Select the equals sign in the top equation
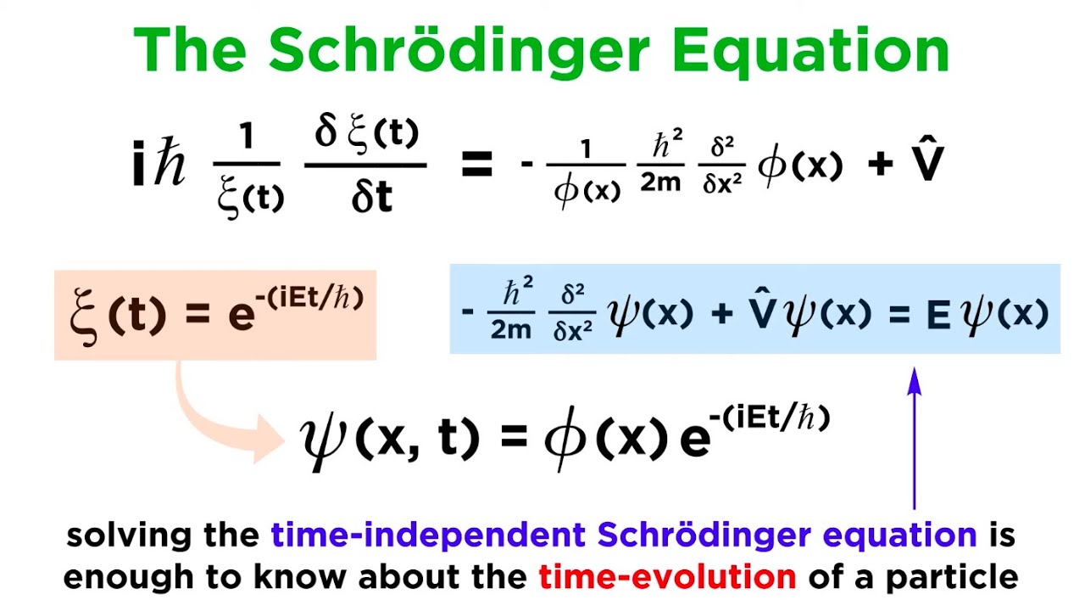point(476,165)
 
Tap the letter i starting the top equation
point(139,165)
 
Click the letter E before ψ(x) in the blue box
point(938,315)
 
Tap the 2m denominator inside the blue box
point(510,329)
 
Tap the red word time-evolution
point(667,577)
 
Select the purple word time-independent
point(429,535)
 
